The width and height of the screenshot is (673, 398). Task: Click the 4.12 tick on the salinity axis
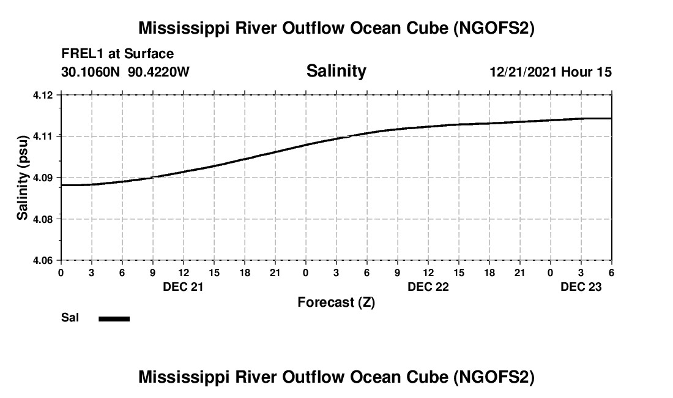48,95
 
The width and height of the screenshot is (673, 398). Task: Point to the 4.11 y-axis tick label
48,136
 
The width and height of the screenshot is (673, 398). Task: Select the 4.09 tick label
48,178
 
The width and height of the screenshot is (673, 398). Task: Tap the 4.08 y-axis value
48,219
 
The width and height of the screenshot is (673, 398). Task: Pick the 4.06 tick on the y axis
48,261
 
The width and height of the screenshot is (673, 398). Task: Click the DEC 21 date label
183,287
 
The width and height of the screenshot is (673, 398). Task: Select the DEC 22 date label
428,287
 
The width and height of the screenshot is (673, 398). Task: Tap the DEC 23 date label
581,287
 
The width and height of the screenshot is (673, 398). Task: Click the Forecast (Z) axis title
336,302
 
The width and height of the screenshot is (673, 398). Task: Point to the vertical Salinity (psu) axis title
23,178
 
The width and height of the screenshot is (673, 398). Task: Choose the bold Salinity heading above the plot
336,71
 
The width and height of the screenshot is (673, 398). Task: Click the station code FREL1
82,54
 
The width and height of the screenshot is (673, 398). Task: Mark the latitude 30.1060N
92,72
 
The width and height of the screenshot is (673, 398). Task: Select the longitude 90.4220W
159,72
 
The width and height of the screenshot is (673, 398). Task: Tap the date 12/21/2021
523,72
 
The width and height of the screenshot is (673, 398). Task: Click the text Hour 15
587,72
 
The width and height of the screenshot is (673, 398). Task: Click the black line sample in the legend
114,318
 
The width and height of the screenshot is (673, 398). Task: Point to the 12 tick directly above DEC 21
183,272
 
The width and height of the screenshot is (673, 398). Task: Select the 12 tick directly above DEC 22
428,272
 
